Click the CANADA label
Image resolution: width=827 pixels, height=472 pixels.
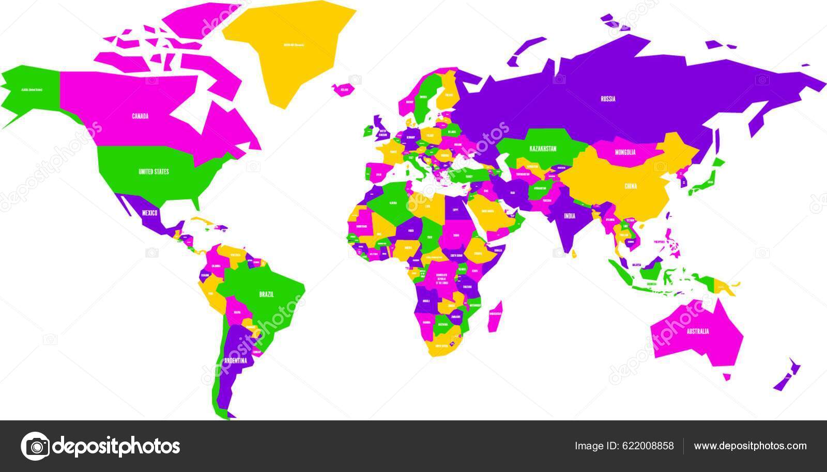(x=140, y=116)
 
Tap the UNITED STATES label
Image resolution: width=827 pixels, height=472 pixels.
(x=154, y=171)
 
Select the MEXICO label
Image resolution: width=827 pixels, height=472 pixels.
(x=149, y=212)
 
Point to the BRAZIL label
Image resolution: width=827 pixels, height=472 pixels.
(x=266, y=294)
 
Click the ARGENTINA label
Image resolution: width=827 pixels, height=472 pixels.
(x=235, y=360)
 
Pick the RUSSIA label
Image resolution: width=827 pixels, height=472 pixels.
(x=608, y=99)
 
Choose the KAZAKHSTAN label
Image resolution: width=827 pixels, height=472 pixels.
(x=543, y=149)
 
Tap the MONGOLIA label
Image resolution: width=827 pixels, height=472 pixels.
(x=625, y=152)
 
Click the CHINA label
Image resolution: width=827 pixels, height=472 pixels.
(x=631, y=186)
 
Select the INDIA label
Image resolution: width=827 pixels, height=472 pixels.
(x=570, y=216)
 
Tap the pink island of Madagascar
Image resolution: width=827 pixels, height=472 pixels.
(x=495, y=315)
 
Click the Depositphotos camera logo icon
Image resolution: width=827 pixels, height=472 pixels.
(x=35, y=446)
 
